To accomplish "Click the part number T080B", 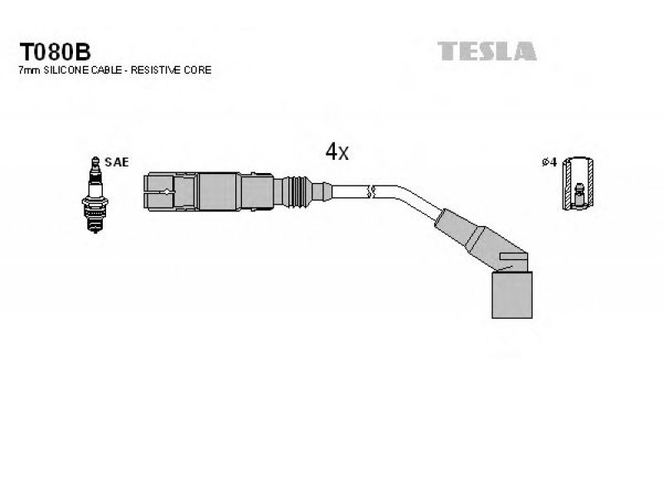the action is click(55, 52).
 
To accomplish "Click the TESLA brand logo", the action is click(487, 51).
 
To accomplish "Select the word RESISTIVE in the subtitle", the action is click(155, 70).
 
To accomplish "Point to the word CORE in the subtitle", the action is click(197, 70).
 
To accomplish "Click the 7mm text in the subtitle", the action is click(29, 70).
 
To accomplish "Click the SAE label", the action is click(116, 162).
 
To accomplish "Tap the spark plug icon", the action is click(95, 195).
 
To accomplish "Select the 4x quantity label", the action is click(337, 152).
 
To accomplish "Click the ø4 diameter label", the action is click(549, 162).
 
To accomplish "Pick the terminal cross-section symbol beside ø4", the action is click(578, 183).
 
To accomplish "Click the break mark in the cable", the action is click(371, 191).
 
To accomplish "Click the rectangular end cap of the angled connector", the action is click(512, 295).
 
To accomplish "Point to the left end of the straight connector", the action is click(144, 191).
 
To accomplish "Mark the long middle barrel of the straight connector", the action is click(220, 191).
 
